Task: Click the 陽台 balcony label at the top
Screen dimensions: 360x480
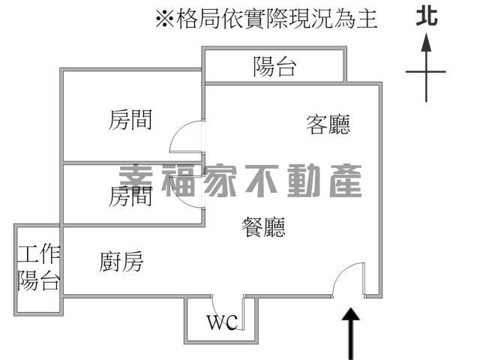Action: tap(274, 67)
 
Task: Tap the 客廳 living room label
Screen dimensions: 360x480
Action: tap(328, 124)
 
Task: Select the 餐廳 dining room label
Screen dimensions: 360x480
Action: tap(264, 226)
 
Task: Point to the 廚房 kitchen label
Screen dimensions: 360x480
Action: tap(121, 262)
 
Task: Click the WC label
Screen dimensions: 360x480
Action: tap(222, 323)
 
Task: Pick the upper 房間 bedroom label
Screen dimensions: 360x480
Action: tap(130, 119)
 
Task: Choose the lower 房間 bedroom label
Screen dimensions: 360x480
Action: tap(130, 196)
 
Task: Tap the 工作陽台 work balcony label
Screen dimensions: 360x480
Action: tap(39, 268)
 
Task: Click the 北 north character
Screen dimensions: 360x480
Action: tap(427, 16)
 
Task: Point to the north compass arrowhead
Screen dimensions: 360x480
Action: tap(426, 41)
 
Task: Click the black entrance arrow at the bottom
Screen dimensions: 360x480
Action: tap(352, 330)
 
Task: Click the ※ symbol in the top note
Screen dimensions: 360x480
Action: tap(164, 19)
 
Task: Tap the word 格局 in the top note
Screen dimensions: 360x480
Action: tap(195, 19)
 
